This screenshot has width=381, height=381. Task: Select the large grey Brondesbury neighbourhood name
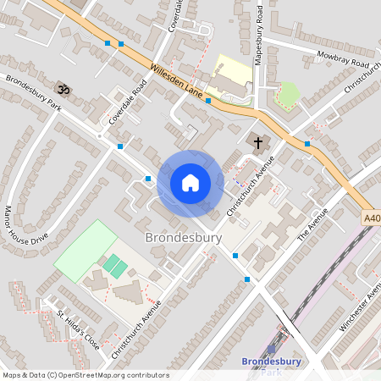184,238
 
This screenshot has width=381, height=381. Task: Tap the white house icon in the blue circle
190,183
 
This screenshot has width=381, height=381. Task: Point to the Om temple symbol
61,88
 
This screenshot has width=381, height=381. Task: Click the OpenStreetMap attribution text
85,375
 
